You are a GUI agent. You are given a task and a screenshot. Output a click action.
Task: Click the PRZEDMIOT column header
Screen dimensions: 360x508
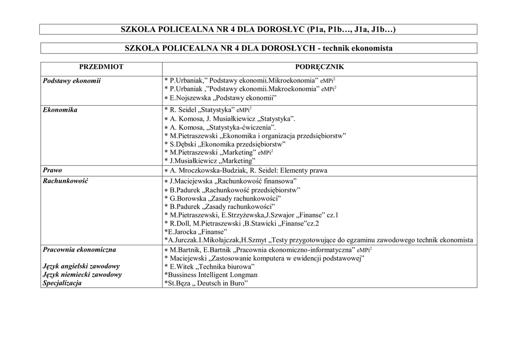coord(101,67)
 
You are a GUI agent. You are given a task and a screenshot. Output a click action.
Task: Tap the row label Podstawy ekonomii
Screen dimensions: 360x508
coord(72,80)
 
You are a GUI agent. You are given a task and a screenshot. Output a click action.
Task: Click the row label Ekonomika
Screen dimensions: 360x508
coord(60,110)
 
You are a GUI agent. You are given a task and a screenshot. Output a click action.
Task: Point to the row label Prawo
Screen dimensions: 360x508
coord(53,170)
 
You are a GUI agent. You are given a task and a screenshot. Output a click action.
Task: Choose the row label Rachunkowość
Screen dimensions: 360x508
coord(65,181)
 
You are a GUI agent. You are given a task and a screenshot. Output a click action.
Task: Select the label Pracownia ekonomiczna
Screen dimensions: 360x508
coord(79,249)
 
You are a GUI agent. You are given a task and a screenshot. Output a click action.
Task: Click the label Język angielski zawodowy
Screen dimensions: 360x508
coord(81,266)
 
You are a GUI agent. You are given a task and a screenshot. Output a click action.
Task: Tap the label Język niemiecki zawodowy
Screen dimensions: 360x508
coord(82,275)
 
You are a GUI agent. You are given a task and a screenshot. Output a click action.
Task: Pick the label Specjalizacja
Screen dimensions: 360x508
coord(63,283)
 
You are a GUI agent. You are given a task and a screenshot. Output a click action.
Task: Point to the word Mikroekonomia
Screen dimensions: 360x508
coord(293,80)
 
